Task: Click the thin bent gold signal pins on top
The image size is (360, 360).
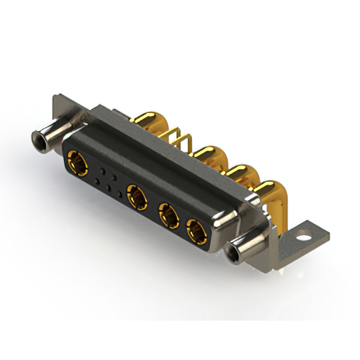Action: pyautogui.click(x=179, y=140)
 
